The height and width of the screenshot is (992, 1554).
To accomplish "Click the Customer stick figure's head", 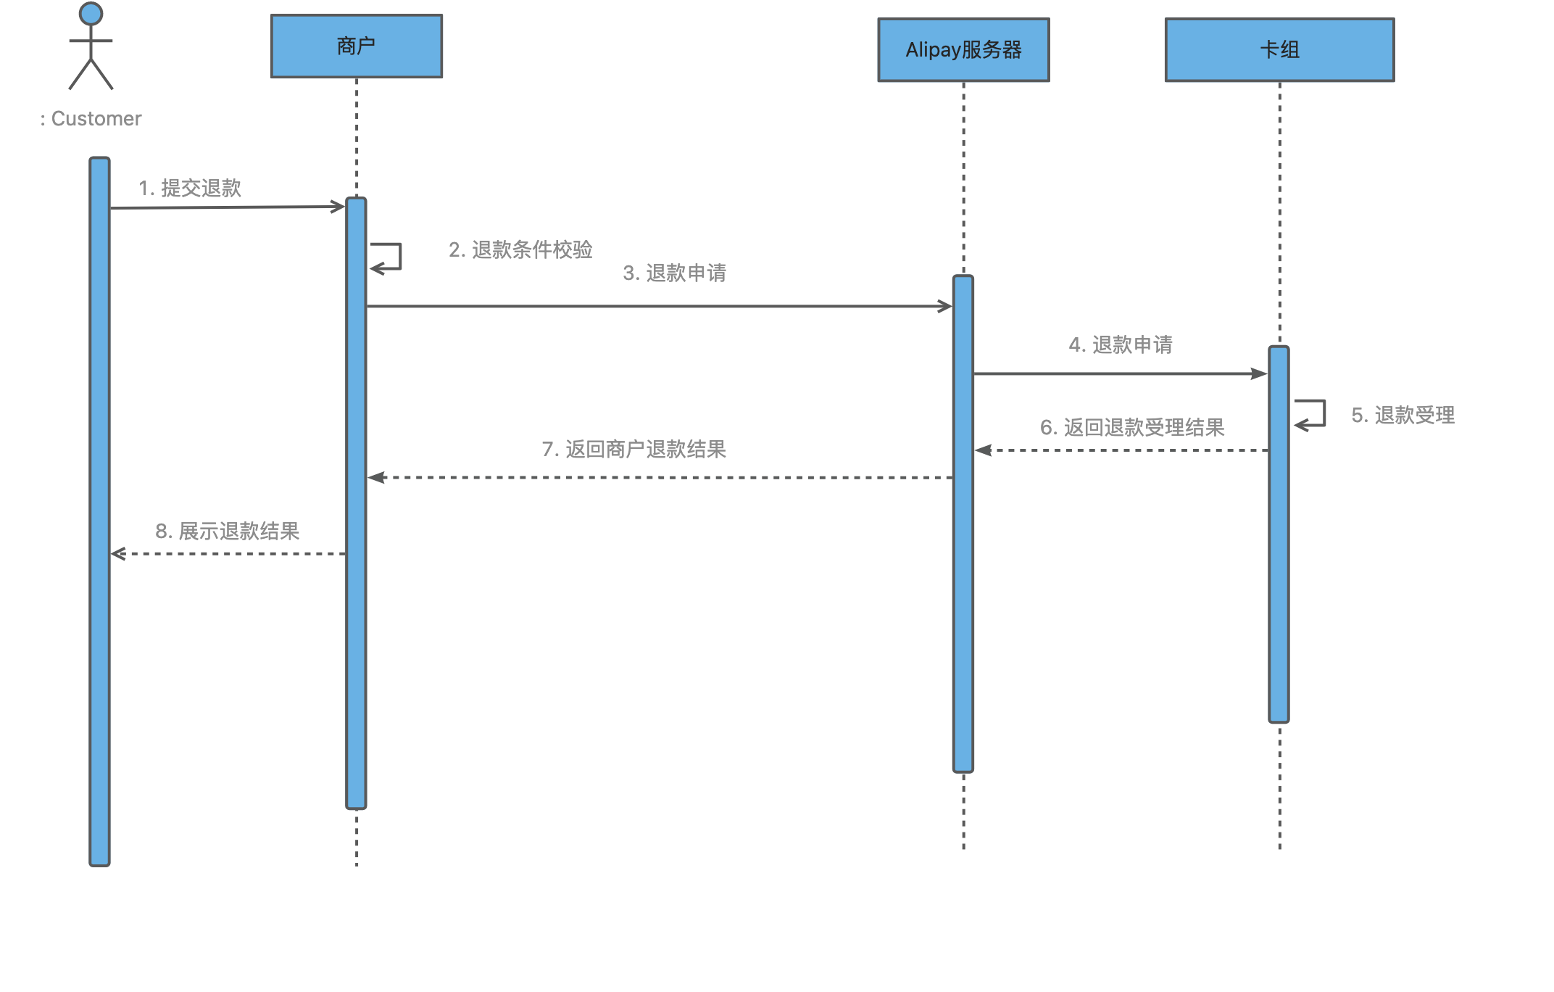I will (x=91, y=14).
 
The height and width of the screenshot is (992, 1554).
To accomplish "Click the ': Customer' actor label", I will (x=91, y=119).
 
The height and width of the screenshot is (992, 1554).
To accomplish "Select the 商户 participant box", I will (x=357, y=46).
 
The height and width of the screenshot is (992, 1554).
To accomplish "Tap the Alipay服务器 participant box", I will (x=963, y=50).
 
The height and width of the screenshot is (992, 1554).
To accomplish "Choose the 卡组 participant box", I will (x=1279, y=50).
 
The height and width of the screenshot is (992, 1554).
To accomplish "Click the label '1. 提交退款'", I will (x=190, y=189).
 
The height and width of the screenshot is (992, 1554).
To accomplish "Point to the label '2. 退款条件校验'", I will (x=520, y=250).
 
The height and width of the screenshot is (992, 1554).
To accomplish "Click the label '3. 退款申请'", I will (x=674, y=273).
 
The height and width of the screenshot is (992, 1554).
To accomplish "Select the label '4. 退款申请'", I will (x=1121, y=345).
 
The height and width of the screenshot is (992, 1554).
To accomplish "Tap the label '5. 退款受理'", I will (x=1403, y=416).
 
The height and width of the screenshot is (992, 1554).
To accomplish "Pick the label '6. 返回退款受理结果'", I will (x=1132, y=428).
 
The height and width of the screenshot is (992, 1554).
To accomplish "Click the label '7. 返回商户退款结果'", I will (x=633, y=450).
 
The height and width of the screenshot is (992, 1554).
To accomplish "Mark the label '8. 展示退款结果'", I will (x=227, y=532).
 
